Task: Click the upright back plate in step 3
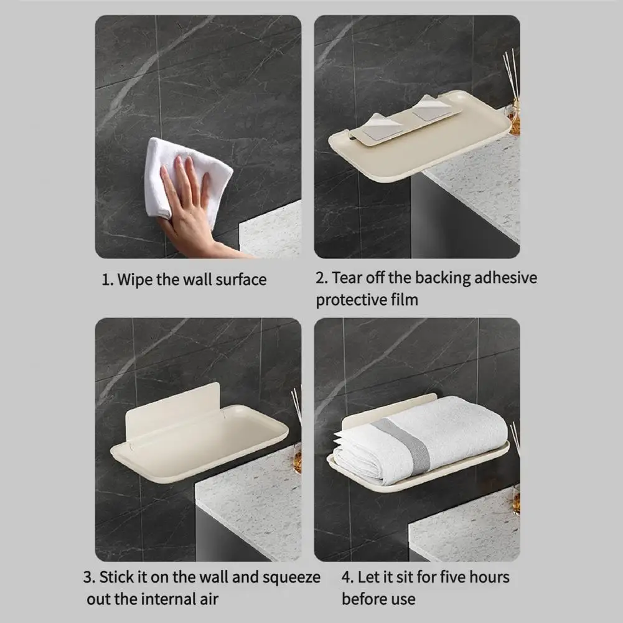pos(173,409)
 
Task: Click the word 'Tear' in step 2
pos(347,278)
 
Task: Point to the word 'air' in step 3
pos(209,599)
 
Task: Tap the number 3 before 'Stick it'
pos(88,578)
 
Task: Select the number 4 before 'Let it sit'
pos(347,578)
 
